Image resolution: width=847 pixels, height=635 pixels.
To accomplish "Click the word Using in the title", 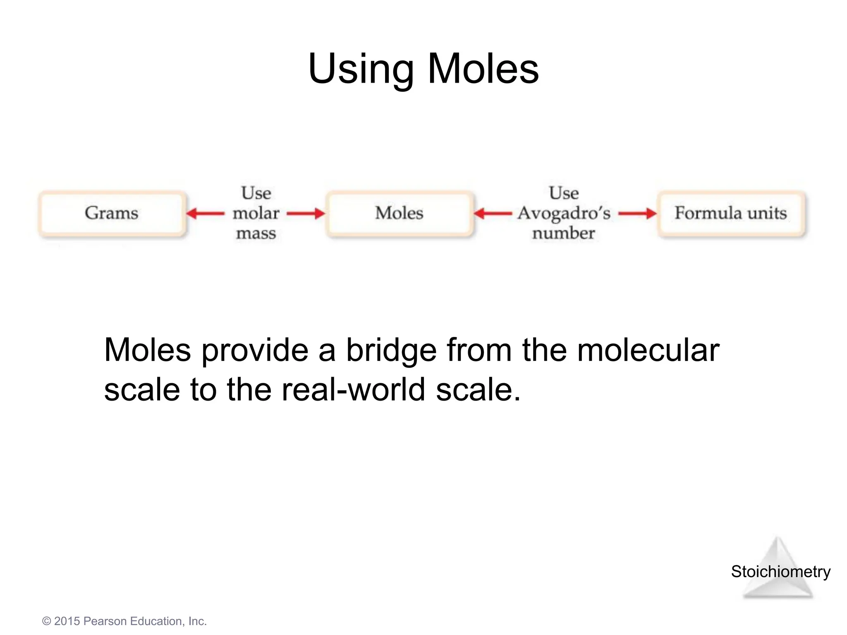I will pyautogui.click(x=361, y=69).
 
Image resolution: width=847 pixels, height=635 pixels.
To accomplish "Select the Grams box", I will pyautogui.click(x=112, y=213).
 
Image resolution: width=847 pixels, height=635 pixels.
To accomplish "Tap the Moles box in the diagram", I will pyautogui.click(x=399, y=213).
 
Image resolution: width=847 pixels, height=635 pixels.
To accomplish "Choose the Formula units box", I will pyautogui.click(x=731, y=213).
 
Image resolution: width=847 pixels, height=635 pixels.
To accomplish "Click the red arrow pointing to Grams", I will pyautogui.click(x=205, y=213).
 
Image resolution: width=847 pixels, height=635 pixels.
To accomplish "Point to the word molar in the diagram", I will pyautogui.click(x=256, y=213).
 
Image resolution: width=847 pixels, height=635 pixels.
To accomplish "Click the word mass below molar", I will pyautogui.click(x=256, y=234).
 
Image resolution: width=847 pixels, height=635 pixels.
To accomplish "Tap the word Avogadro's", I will pyautogui.click(x=564, y=213).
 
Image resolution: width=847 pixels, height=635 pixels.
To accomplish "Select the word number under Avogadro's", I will pyautogui.click(x=563, y=234).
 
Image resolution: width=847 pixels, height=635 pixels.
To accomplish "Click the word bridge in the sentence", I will pyautogui.click(x=391, y=351).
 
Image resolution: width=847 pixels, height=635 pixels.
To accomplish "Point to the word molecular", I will pyautogui.click(x=648, y=351).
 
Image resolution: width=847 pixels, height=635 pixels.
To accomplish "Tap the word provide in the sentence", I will pyautogui.click(x=255, y=351).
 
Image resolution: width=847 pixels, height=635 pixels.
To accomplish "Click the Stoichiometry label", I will pyautogui.click(x=780, y=572).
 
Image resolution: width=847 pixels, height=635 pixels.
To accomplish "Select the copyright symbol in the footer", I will pyautogui.click(x=47, y=621).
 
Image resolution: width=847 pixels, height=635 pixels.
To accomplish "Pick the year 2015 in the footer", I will pyautogui.click(x=67, y=621).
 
